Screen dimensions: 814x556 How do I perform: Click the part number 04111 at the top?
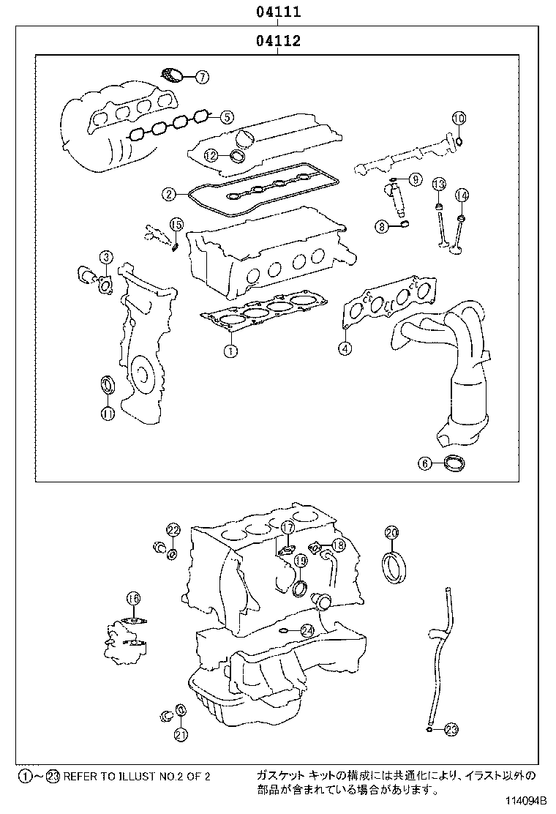[x=278, y=12]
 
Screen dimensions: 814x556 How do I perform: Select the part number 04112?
[x=278, y=42]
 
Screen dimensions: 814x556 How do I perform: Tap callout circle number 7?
[x=202, y=75]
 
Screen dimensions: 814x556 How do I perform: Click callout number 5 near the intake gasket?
[x=228, y=116]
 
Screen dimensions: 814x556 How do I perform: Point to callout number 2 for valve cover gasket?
[x=169, y=194]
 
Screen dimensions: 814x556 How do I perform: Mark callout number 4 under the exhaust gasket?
[x=345, y=348]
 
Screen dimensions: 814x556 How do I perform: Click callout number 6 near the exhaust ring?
[x=425, y=462]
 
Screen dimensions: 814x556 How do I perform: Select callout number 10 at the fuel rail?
[x=459, y=119]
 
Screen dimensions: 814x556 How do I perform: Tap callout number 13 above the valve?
[x=438, y=183]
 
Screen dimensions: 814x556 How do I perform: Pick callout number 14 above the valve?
[x=462, y=195]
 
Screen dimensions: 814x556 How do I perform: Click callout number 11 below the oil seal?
[x=108, y=414]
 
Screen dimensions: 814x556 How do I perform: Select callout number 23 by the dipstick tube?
[x=451, y=728]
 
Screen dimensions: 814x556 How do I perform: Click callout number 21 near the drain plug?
[x=181, y=734]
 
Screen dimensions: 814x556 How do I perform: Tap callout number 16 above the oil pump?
[x=132, y=599]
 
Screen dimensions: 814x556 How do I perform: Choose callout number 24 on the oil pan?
[x=307, y=630]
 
